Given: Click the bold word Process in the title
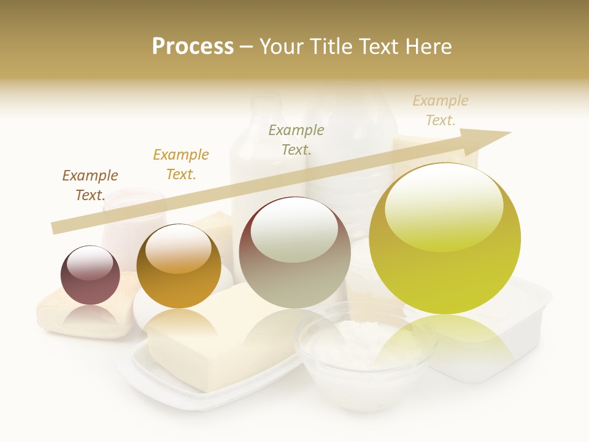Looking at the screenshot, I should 193,47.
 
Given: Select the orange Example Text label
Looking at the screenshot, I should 180,165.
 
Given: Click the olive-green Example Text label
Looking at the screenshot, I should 296,139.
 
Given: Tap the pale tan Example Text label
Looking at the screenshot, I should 440,110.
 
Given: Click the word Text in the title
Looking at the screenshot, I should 377,47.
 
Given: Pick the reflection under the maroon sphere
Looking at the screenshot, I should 90,317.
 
